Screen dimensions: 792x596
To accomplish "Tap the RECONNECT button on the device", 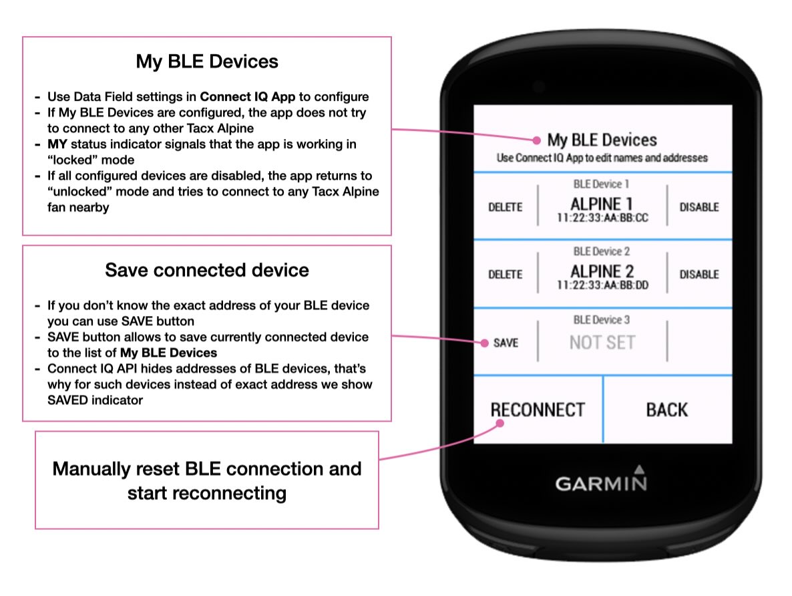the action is tap(538, 410).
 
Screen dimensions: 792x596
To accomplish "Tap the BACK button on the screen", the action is tap(667, 410).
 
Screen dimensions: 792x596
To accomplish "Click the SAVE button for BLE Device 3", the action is tap(506, 343).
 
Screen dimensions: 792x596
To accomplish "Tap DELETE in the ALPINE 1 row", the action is tap(505, 207).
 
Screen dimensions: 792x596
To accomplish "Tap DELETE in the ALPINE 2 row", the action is tap(505, 275).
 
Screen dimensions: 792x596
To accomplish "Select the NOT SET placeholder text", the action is tap(602, 343).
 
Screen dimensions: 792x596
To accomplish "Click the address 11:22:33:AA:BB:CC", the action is tap(602, 218).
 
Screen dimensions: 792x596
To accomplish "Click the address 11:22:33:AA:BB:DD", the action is tap(602, 285).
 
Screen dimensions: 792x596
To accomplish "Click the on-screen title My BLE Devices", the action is tap(602, 140).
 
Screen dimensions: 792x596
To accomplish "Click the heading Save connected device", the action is tap(207, 270).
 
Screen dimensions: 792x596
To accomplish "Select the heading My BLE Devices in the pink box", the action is tap(207, 61).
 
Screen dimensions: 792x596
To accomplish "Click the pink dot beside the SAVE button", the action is tap(484, 343).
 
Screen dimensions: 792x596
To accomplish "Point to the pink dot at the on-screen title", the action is tap(536, 140).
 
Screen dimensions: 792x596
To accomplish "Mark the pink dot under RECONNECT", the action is tap(500, 424).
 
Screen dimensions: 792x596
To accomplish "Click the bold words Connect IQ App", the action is tap(248, 97).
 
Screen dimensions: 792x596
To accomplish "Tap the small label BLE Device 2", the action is tap(602, 251).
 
